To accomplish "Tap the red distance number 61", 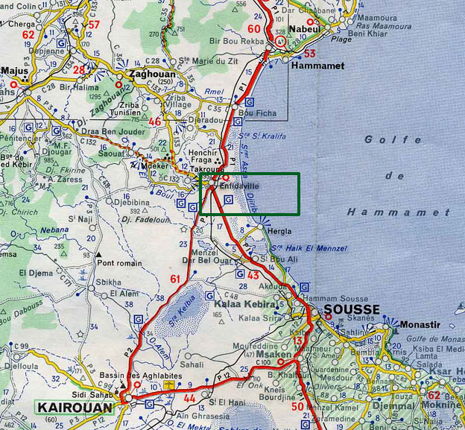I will [x=176, y=279].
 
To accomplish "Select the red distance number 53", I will [x=310, y=53].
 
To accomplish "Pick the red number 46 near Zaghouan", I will [x=154, y=121].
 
